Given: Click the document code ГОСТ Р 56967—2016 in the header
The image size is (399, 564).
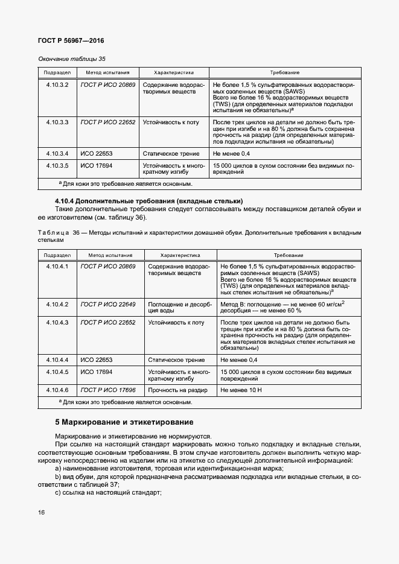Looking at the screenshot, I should pos(71,41).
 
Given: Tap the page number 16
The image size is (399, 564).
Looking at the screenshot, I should pos(41,513).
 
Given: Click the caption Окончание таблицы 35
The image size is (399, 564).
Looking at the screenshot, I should pos(72,59).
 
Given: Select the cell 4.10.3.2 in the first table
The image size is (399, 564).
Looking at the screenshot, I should pos(57,85).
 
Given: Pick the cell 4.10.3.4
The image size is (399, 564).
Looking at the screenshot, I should pos(57,154).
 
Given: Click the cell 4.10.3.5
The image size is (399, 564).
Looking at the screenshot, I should pos(57,165).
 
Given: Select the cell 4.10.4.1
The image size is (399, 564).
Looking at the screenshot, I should pos(57,266).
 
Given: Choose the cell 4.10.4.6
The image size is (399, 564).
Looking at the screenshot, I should pos(57,390).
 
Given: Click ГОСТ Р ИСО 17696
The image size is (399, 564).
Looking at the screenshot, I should pos(108,390).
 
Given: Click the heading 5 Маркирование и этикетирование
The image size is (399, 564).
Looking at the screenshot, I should pos(124,421).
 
